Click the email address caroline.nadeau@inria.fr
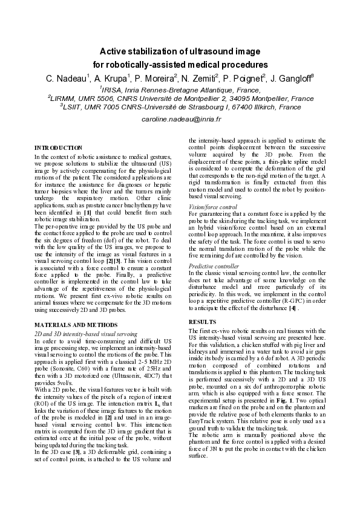pos(180,120)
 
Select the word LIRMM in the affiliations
pos(66,97)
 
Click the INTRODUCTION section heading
pos(59,148)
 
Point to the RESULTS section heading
pos(203,322)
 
